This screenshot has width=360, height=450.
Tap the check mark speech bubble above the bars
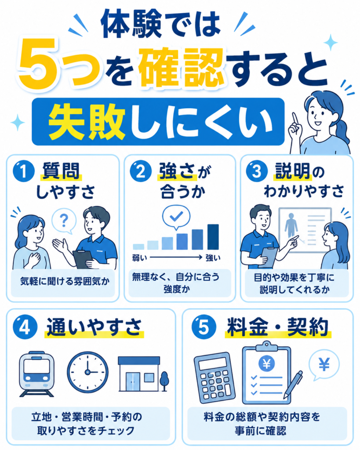(x=176, y=217)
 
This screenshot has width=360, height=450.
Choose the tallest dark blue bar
(x=213, y=237)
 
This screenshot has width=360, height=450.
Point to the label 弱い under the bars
(x=139, y=258)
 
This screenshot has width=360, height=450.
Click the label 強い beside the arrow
(x=213, y=258)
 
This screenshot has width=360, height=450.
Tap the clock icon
(x=87, y=372)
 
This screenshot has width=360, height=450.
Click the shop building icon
(x=143, y=374)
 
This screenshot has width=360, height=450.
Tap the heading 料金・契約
(x=278, y=327)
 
